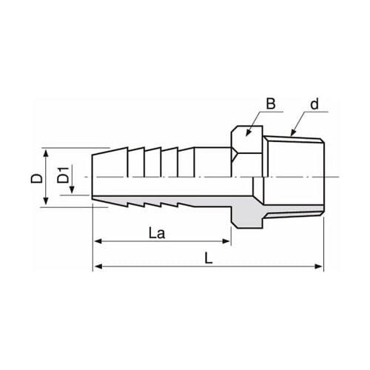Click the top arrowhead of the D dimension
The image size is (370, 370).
pyautogui.click(x=47, y=152)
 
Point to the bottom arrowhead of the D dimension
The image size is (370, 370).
pyautogui.click(x=47, y=203)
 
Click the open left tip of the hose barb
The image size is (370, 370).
pyautogui.click(x=93, y=178)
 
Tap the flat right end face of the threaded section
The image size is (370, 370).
pyautogui.click(x=323, y=178)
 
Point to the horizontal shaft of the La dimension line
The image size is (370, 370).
pyautogui.click(x=163, y=241)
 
